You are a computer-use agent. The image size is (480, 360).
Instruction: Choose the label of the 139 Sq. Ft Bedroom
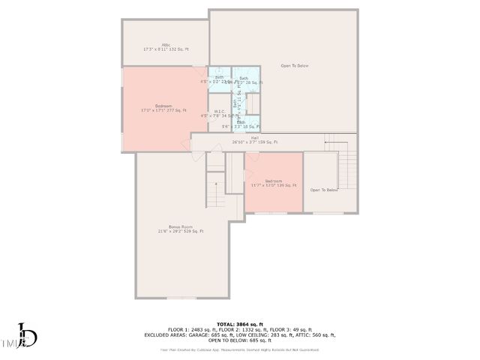[x=274, y=182]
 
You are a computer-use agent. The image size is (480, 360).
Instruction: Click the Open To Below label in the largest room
[x=295, y=66]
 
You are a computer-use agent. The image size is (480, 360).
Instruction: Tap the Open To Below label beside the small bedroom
[x=324, y=190]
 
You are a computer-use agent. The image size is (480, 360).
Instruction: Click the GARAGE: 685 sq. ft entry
[x=212, y=335]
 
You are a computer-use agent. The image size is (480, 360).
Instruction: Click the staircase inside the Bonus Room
[x=215, y=187]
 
